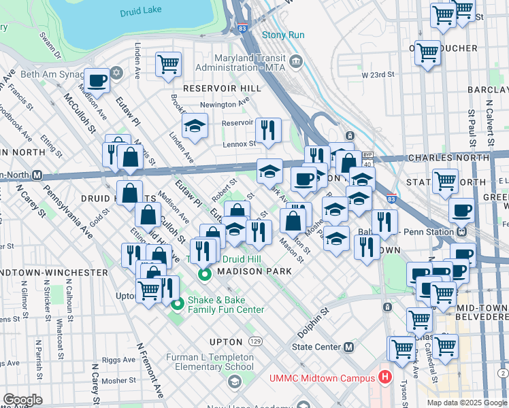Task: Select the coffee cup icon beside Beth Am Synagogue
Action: [97, 80]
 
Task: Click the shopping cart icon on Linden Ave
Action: [168, 65]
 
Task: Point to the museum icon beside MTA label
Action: [296, 63]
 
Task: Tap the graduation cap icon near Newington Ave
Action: [195, 125]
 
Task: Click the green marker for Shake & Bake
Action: [177, 304]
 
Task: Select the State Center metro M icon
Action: [349, 347]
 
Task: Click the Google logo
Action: [22, 400]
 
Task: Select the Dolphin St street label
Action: [313, 315]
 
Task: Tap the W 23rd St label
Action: [378, 75]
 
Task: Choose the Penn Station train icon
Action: [461, 230]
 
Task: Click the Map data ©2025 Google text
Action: [466, 402]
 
